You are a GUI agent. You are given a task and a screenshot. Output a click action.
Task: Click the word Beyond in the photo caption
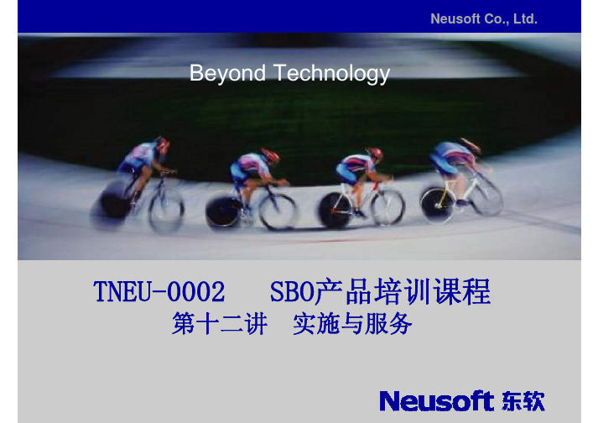coord(227,73)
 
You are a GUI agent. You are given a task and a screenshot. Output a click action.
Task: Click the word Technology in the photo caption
coord(331,73)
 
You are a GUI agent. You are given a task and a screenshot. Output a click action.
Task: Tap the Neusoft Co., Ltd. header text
coord(484,18)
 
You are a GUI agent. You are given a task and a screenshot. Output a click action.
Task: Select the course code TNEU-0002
coord(159,292)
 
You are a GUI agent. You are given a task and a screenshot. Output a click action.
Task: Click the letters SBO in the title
coord(292,292)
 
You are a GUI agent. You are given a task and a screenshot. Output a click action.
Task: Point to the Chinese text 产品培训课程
coord(403,292)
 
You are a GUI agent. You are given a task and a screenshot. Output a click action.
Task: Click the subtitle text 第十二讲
coord(219,324)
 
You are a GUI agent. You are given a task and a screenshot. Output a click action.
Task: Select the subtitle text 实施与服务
coord(352,324)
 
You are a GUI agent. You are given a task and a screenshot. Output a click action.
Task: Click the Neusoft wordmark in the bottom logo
coord(437,401)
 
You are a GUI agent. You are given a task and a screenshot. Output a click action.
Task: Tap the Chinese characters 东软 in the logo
coord(523,401)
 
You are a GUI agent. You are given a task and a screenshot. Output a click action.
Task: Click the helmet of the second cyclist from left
coord(270,155)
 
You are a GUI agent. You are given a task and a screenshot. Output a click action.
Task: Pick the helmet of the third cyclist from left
coord(375,154)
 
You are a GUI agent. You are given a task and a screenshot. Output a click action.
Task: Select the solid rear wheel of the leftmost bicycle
coord(111,205)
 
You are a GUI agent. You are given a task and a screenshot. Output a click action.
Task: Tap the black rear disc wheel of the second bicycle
coord(223,212)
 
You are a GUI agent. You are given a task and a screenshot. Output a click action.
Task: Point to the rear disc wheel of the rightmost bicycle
coord(438,205)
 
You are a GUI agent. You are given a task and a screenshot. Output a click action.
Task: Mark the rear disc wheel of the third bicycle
coord(335,210)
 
